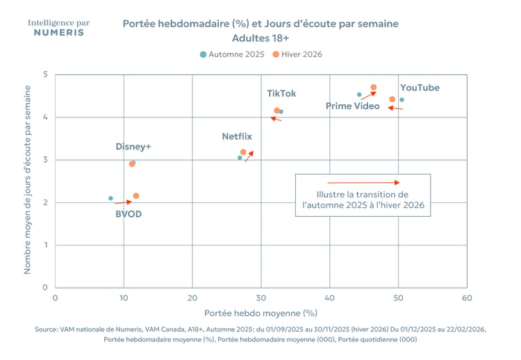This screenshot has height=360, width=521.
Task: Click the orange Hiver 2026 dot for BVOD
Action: click(136, 196)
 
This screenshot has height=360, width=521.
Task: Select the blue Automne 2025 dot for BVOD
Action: click(110, 198)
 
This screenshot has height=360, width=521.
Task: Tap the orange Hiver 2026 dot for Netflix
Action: click(243, 152)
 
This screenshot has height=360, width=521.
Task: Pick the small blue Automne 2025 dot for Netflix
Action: click(240, 158)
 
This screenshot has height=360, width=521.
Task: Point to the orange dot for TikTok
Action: click(276, 111)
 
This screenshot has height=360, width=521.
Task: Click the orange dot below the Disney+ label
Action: click(132, 163)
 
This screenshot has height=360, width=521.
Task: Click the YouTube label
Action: click(420, 88)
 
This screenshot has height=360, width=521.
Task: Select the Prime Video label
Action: click(352, 106)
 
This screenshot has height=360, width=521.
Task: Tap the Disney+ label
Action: click(133, 147)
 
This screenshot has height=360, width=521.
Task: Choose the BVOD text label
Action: click(129, 214)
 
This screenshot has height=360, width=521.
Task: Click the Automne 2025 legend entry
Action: click(232, 54)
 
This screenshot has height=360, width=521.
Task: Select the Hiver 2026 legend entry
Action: click(297, 54)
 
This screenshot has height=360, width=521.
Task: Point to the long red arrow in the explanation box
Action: click(363, 183)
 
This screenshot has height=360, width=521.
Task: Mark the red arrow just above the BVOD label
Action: click(123, 202)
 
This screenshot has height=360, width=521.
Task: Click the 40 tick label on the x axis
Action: click(329, 298)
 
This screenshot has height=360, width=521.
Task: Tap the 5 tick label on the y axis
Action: click(46, 74)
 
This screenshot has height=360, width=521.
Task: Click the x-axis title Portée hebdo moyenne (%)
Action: click(260, 313)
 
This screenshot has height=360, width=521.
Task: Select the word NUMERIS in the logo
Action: click(59, 33)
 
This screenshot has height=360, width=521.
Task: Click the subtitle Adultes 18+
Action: click(260, 38)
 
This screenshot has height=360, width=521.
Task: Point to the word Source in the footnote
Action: click(46, 329)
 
